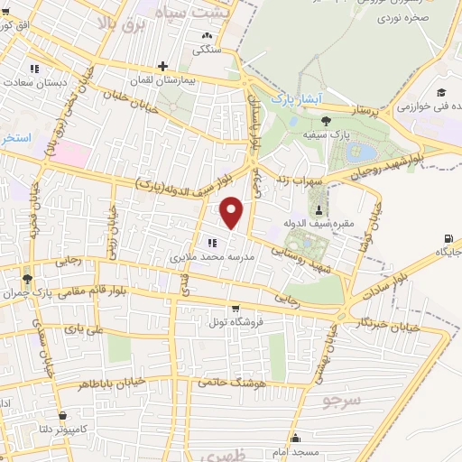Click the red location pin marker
point(233,213)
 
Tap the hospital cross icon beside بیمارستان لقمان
point(162,66)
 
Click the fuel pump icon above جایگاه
point(448,238)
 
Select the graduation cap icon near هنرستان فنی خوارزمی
point(442,92)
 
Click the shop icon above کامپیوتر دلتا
point(62,416)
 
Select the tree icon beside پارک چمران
point(28,278)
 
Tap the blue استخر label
point(16,139)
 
